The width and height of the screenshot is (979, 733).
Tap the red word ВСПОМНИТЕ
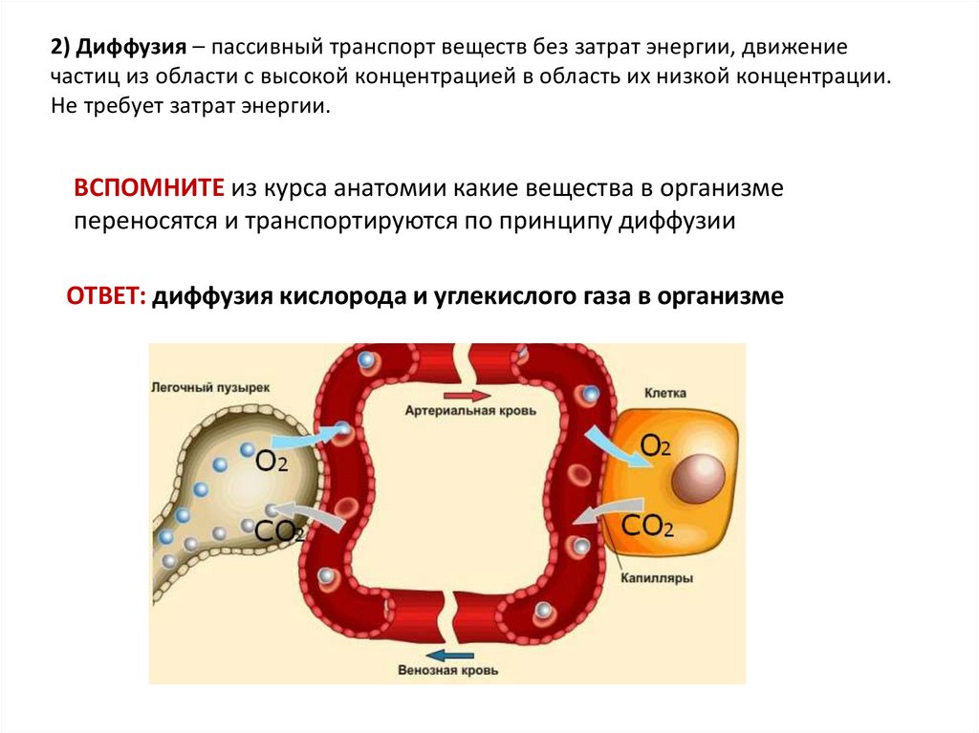pos(149,188)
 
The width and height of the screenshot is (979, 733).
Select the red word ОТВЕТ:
pos(105,295)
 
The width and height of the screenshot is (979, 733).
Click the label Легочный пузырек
pos(210,388)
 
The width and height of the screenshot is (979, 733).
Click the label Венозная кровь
pos(448,670)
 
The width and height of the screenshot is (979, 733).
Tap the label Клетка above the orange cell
pos(665,393)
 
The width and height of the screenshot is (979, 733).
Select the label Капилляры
pos(656,578)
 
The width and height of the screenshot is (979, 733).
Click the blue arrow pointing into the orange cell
pos(607,442)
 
